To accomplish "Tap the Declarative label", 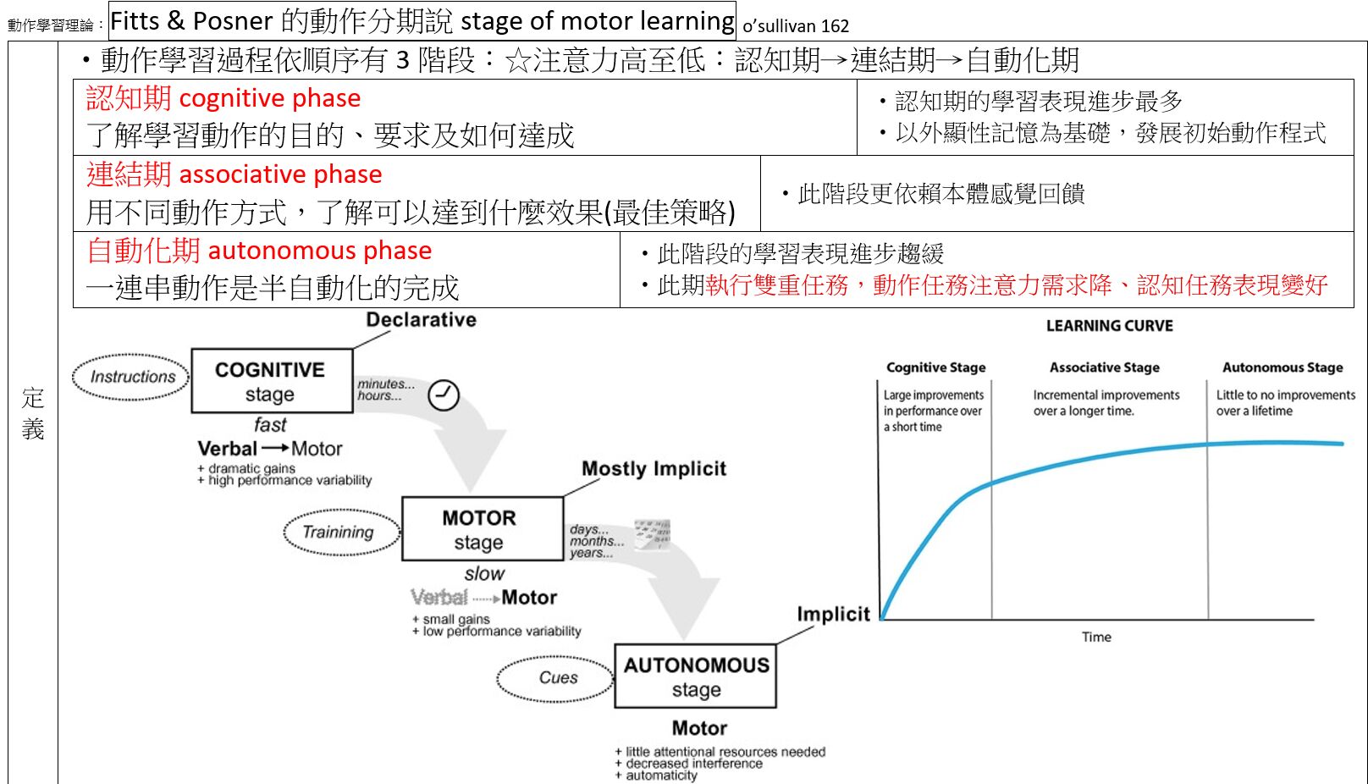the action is (x=422, y=320).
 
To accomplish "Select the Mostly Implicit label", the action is (x=654, y=469).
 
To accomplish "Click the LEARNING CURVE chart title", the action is (x=1110, y=326).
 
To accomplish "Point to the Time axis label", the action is (x=1097, y=637).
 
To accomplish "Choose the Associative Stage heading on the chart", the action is (x=1105, y=367).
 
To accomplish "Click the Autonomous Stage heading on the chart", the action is (x=1282, y=367).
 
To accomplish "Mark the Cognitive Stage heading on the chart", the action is (x=936, y=367).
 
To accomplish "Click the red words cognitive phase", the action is (x=270, y=99).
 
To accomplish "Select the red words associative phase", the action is (x=280, y=175).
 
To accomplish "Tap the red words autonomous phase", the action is (x=320, y=251).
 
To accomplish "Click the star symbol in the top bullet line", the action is (x=518, y=61).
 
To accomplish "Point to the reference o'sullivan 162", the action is (x=796, y=26).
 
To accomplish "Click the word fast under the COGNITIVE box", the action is (x=271, y=424).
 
